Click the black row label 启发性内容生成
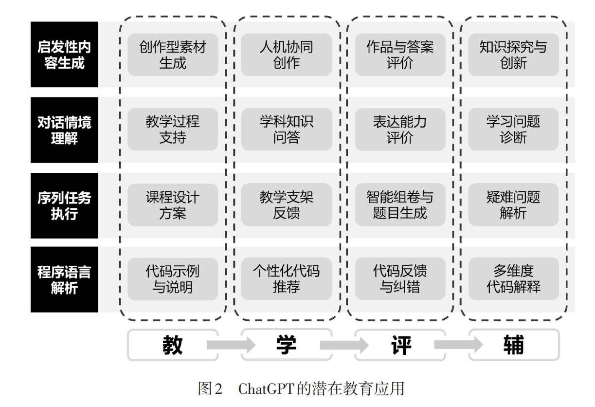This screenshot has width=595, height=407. click(64, 55)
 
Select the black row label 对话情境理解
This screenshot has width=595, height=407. click(64, 130)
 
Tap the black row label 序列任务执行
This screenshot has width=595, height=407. click(64, 205)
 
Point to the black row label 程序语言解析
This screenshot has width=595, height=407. click(64, 279)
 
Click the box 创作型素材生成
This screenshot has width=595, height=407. click(173, 55)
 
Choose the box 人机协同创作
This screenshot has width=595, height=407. click(287, 55)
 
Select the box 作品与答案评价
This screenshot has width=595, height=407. click(400, 55)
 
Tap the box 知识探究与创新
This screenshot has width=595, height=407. click(513, 55)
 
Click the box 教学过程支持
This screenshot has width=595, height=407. click(173, 129)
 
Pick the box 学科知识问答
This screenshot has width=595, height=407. click(287, 129)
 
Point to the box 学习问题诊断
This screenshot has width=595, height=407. click(513, 129)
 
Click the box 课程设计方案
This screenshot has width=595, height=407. click(173, 204)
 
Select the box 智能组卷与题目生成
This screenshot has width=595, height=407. click(400, 204)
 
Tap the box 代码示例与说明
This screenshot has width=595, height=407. click(173, 279)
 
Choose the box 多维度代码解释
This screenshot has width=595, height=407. click(513, 278)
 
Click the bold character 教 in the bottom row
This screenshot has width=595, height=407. click(173, 345)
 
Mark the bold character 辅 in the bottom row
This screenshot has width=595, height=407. click(514, 345)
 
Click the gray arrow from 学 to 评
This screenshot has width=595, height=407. click(344, 345)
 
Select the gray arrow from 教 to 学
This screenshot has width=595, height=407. click(231, 345)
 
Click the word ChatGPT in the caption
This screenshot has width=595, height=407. click(266, 388)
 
